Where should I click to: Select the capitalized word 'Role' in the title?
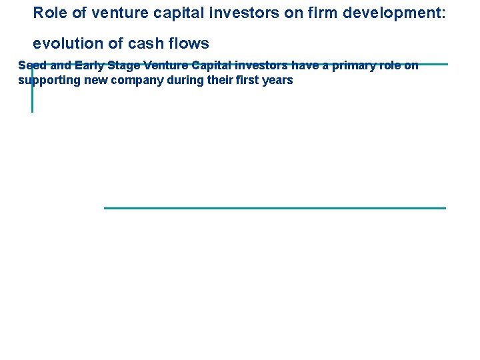48,13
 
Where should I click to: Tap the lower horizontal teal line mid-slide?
275,208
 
